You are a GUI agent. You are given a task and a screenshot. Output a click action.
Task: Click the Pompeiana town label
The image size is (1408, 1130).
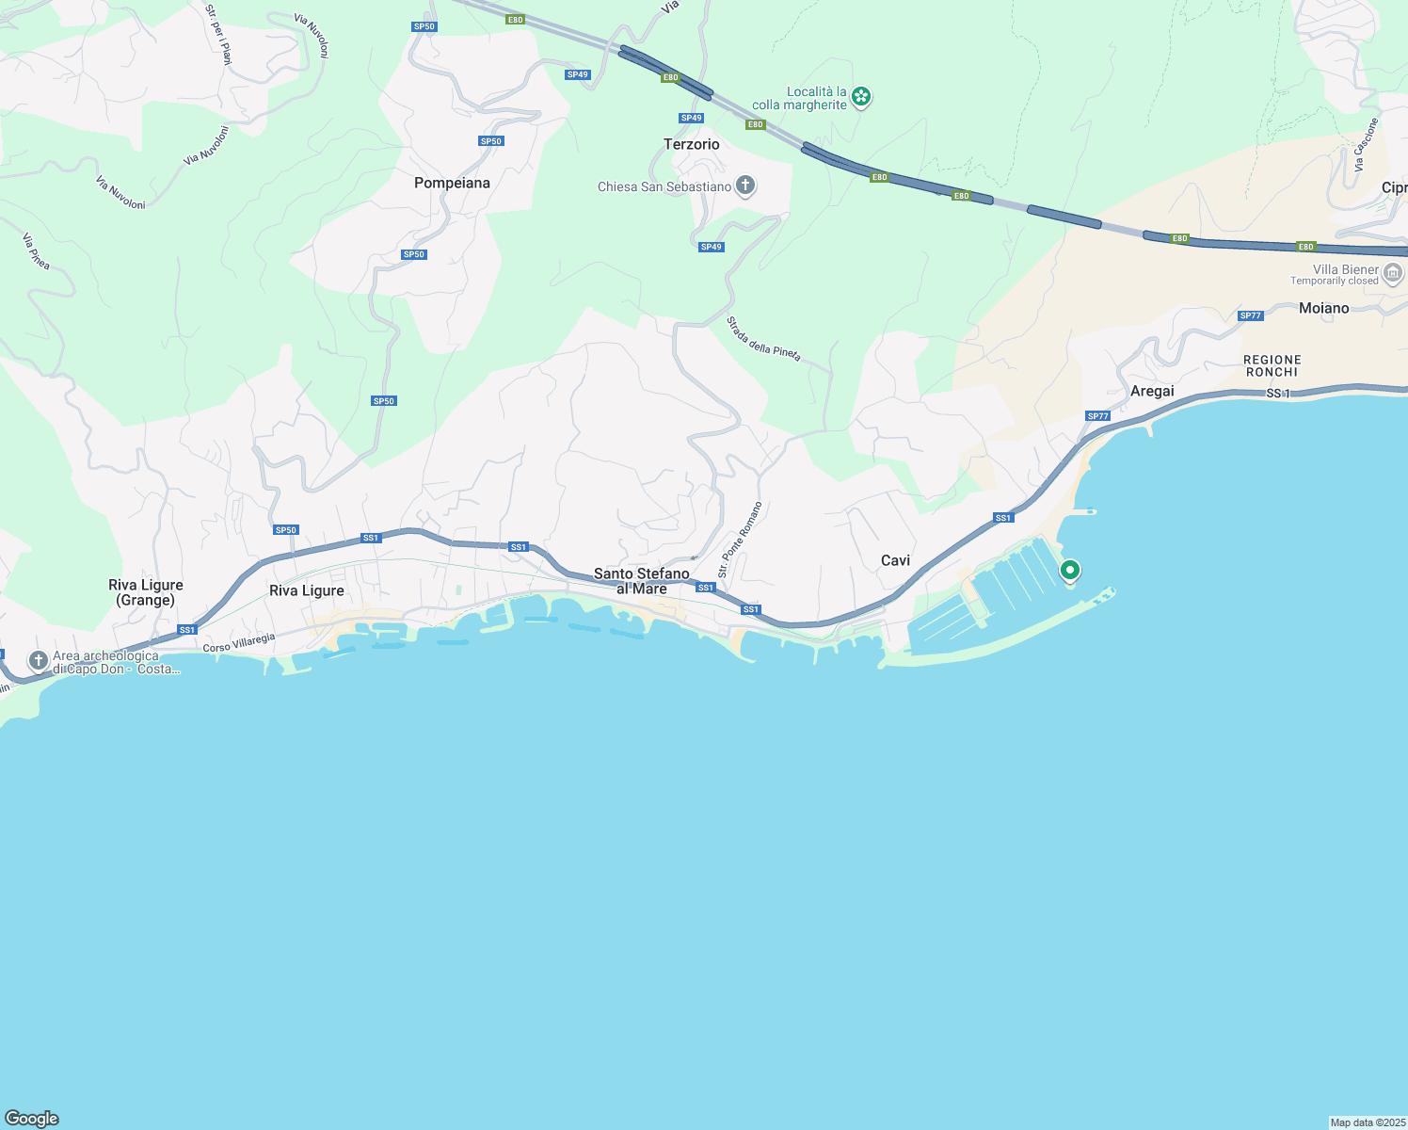tap(452, 183)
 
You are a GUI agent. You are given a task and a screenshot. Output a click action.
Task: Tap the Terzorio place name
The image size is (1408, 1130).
tap(692, 144)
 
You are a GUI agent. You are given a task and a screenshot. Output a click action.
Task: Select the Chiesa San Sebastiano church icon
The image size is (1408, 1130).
tap(745, 186)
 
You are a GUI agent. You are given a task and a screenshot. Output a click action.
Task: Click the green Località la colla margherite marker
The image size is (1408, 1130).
tap(861, 97)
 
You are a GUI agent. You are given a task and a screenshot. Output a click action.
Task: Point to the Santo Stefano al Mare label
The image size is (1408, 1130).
tap(642, 581)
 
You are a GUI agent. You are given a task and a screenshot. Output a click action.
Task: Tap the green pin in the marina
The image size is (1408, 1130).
tap(1069, 570)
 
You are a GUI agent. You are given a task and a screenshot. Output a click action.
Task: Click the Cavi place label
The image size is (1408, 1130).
tap(895, 560)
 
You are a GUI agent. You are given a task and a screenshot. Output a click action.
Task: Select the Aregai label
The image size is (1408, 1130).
tap(1152, 391)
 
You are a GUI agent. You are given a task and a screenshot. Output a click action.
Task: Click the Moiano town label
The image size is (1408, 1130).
tap(1323, 308)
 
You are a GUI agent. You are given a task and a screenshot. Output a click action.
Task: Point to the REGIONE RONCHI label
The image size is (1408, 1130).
tap(1272, 365)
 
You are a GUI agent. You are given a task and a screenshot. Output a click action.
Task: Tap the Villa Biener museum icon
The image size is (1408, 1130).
tap(1394, 273)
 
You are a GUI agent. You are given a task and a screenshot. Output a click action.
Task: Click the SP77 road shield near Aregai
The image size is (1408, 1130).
tap(1097, 416)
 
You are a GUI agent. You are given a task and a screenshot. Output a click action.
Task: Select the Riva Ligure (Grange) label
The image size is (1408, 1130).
tap(146, 592)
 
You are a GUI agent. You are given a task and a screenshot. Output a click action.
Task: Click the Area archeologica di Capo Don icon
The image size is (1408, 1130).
tap(39, 660)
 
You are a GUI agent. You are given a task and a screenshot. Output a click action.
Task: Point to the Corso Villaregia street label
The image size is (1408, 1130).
tap(240, 642)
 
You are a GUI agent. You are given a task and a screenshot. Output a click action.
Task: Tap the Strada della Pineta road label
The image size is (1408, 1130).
tap(763, 338)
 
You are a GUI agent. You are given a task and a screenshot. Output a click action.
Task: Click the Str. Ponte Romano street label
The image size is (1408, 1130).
tap(740, 540)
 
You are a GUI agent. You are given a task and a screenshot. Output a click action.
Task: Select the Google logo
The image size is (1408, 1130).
tap(32, 1119)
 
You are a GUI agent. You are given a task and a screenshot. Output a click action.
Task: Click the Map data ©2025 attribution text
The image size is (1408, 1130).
tap(1367, 1122)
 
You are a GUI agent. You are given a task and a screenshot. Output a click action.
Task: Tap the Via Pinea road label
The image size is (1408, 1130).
tap(35, 251)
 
